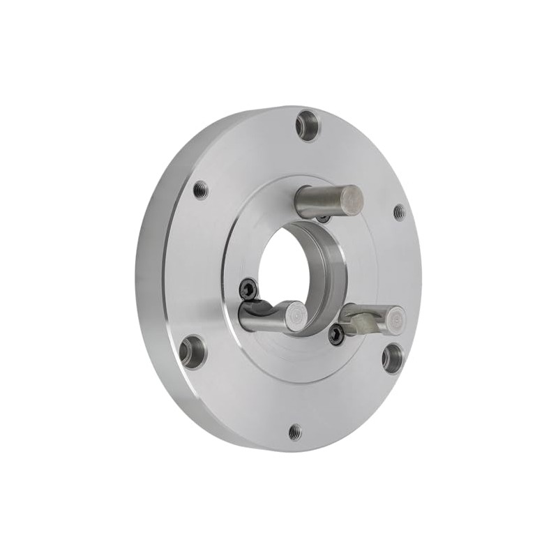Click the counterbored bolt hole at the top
click(307, 126)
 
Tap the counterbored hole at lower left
click(192, 350)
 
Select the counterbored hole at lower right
click(393, 358)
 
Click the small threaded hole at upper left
click(201, 188)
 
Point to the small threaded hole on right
click(399, 213)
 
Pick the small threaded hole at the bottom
click(295, 431)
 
